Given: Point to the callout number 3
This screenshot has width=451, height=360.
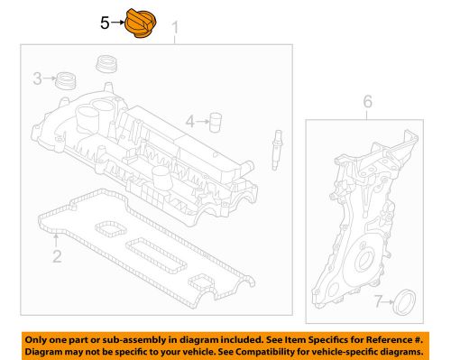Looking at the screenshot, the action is (x=37, y=79).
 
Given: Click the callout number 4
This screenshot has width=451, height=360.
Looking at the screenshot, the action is (x=189, y=120).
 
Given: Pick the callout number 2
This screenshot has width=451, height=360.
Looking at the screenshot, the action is (x=56, y=258).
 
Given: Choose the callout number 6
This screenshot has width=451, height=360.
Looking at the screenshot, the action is (x=367, y=104).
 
